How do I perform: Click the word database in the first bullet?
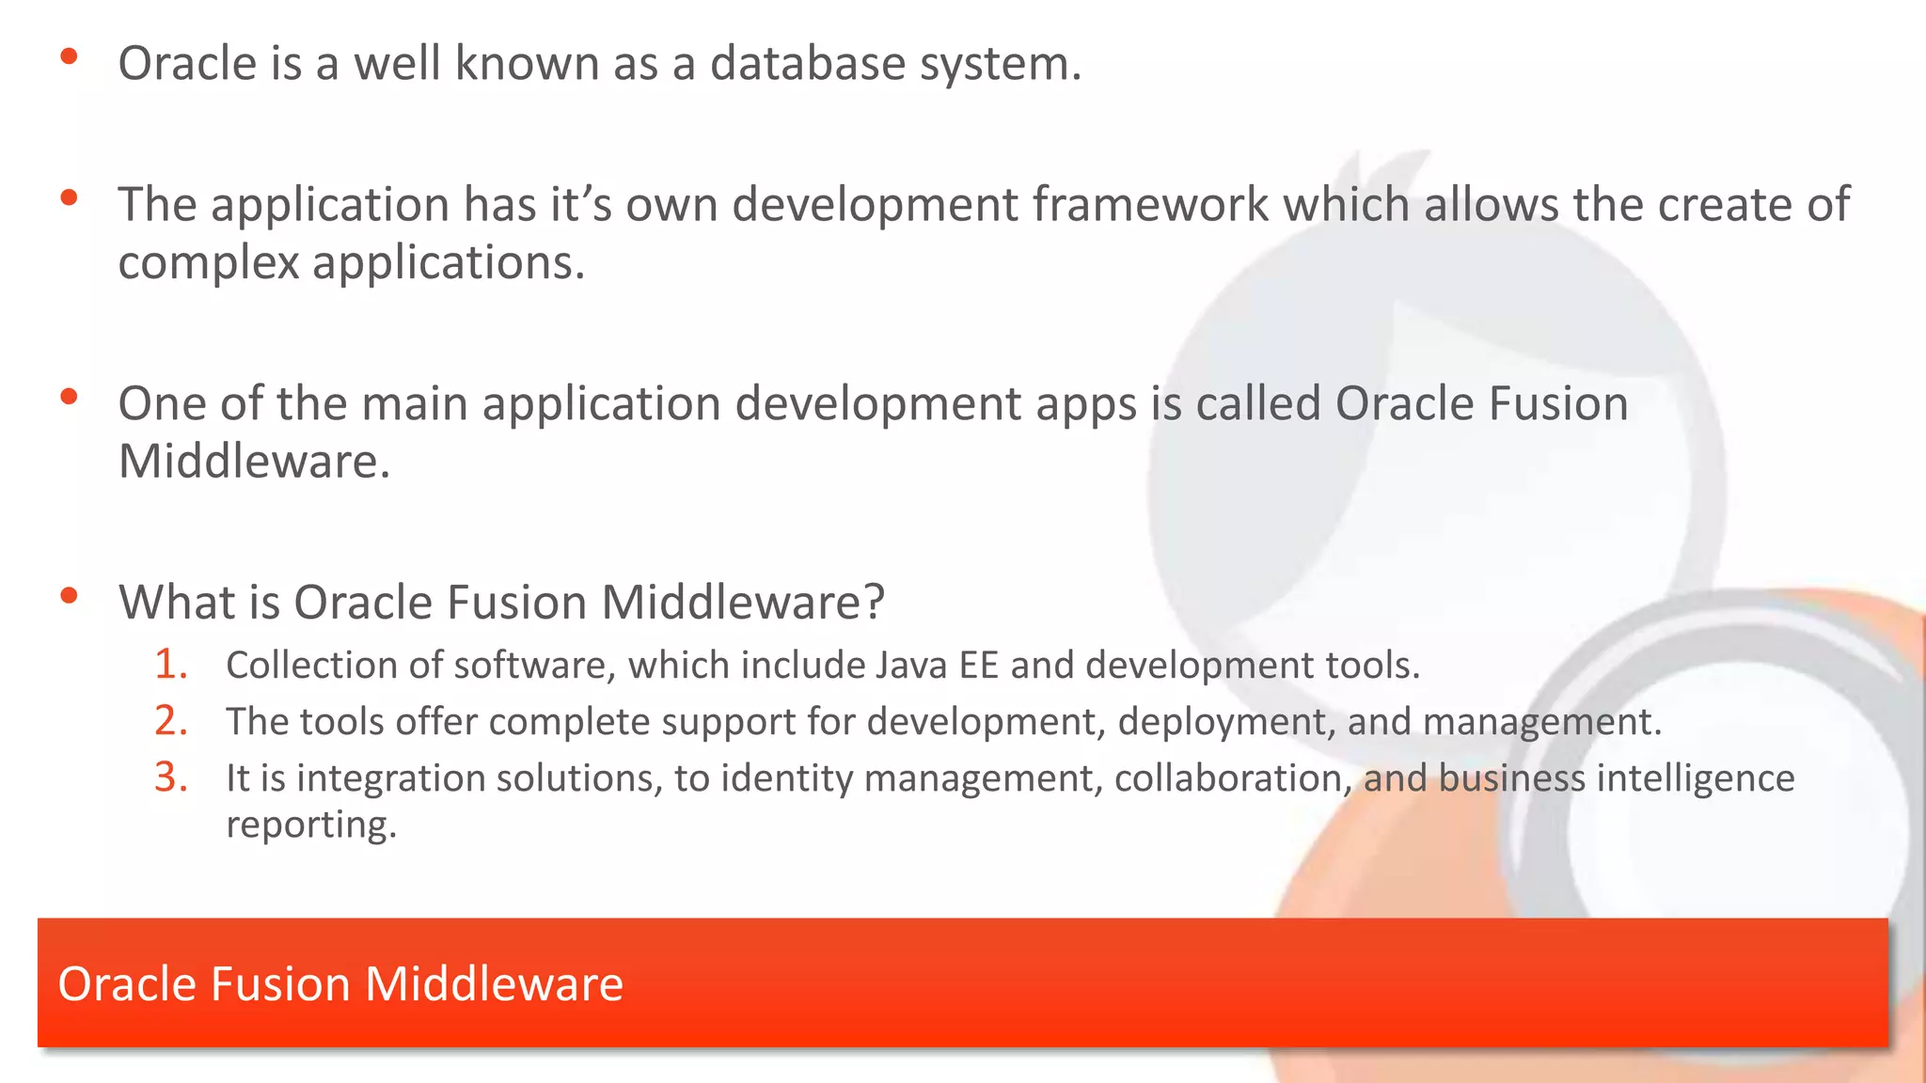[806, 64]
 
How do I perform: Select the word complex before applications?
[208, 263]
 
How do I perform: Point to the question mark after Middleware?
[874, 602]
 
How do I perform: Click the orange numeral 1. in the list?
[171, 665]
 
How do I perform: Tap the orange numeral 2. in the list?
[171, 721]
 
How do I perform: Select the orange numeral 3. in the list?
[171, 777]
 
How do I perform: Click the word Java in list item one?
[910, 666]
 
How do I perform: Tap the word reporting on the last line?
[310, 825]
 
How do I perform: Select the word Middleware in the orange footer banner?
[494, 984]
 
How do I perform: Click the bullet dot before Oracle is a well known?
[69, 57]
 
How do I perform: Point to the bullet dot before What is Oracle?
[69, 596]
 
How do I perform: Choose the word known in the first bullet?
[527, 64]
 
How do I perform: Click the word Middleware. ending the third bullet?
[253, 462]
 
